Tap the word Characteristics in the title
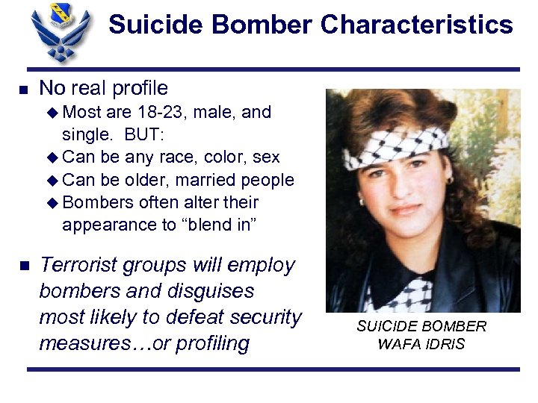pyautogui.click(x=417, y=25)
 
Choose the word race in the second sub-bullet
pyautogui.click(x=163, y=157)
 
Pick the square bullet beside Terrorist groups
pyautogui.click(x=23, y=266)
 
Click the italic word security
pyautogui.click(x=265, y=317)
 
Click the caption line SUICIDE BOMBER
pyautogui.click(x=421, y=326)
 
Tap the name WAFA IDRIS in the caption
pyautogui.click(x=421, y=344)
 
